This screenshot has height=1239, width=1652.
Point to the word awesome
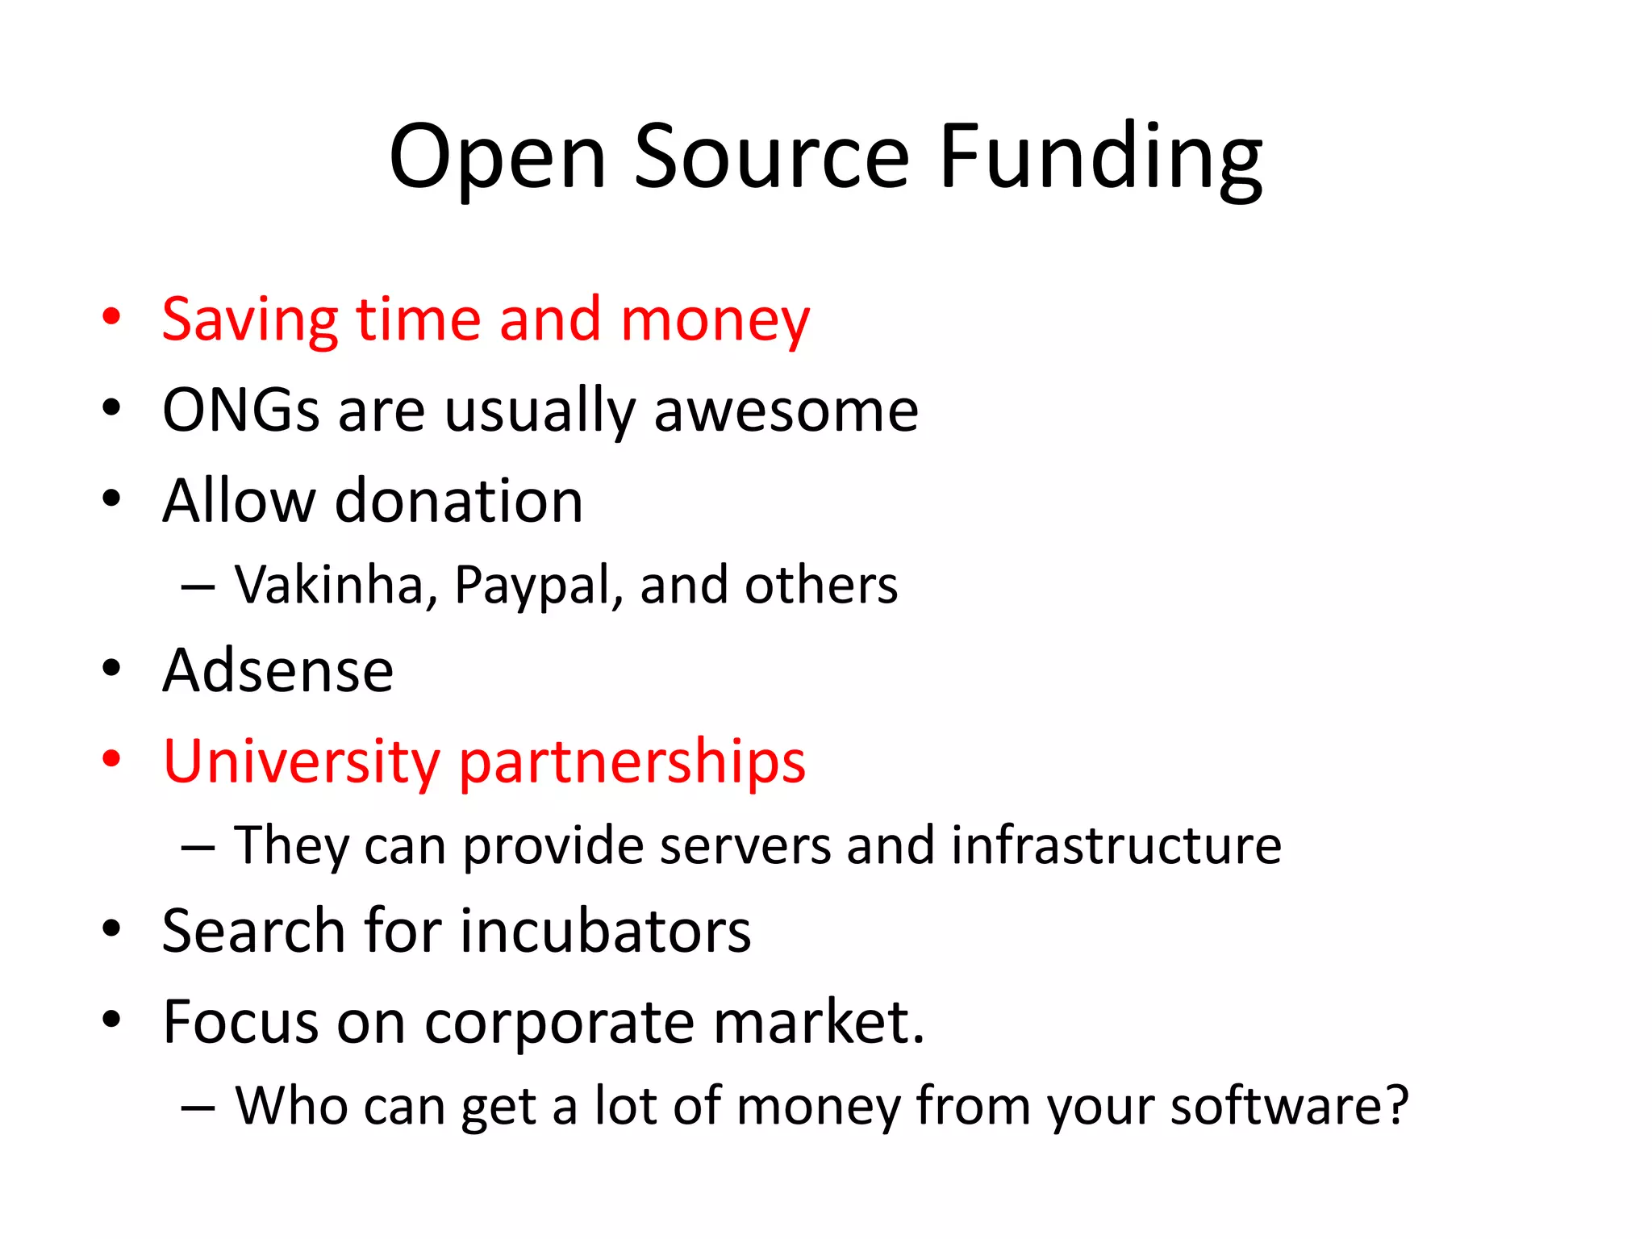786,411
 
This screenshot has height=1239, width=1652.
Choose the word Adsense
277,671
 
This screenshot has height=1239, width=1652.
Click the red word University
302,762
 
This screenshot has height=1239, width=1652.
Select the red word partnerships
632,762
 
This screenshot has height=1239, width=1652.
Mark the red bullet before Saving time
111,317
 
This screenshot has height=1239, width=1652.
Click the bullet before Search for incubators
111,928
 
